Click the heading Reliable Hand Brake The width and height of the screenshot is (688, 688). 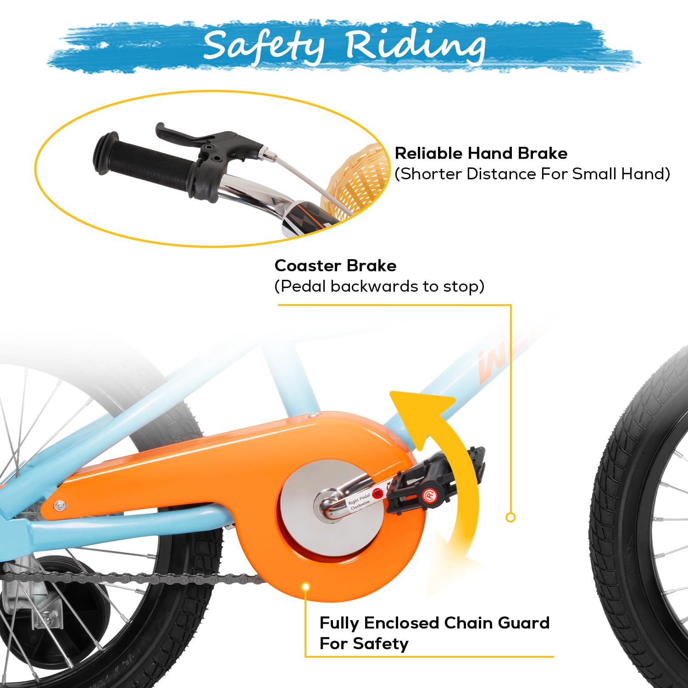(x=481, y=153)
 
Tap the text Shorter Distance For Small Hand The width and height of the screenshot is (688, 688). (x=532, y=174)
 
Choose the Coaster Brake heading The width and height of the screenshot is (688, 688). (x=335, y=266)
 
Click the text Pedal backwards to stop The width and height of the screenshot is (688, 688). (x=379, y=286)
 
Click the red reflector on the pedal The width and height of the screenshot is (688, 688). (x=426, y=497)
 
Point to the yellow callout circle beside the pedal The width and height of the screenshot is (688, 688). (x=510, y=517)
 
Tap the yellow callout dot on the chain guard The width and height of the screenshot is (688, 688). (x=305, y=587)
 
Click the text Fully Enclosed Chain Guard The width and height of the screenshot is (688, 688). (x=434, y=623)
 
